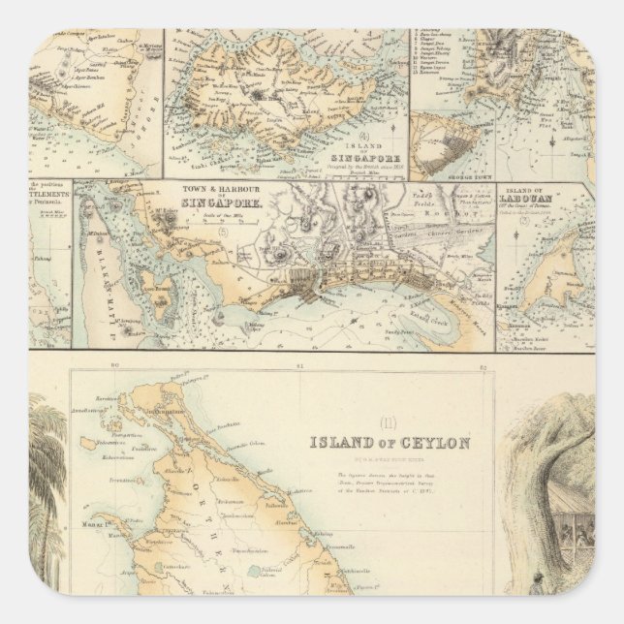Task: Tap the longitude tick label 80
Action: (114, 365)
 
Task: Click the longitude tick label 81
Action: (299, 365)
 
